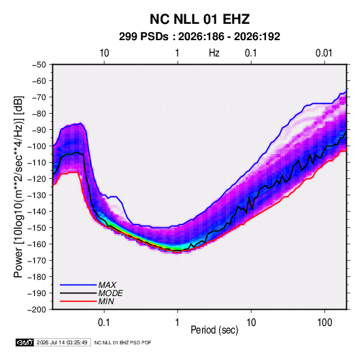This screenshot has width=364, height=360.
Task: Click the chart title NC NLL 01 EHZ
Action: point(199,19)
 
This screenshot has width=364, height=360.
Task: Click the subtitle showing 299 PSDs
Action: point(199,37)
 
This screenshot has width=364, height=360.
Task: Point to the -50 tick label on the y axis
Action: point(39,65)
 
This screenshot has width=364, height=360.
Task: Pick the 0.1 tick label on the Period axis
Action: point(104,323)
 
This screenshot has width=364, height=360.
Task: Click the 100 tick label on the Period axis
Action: point(325,323)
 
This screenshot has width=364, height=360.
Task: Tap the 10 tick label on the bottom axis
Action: point(251,323)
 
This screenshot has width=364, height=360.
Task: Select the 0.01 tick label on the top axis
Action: point(324,53)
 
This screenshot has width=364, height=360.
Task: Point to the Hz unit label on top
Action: point(214,53)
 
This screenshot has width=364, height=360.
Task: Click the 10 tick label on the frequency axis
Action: point(104,53)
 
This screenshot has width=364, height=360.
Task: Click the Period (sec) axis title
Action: point(214,330)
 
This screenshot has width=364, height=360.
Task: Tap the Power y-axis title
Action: point(18,186)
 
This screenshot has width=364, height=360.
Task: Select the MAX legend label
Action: point(107,285)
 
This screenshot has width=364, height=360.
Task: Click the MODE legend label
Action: point(110,293)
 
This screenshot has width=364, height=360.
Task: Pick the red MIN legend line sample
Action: point(78,301)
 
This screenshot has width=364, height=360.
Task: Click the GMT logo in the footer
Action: point(24,342)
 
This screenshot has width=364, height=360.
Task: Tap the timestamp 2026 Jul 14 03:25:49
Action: point(62,342)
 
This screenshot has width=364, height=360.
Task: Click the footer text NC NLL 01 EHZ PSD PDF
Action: point(122,342)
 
